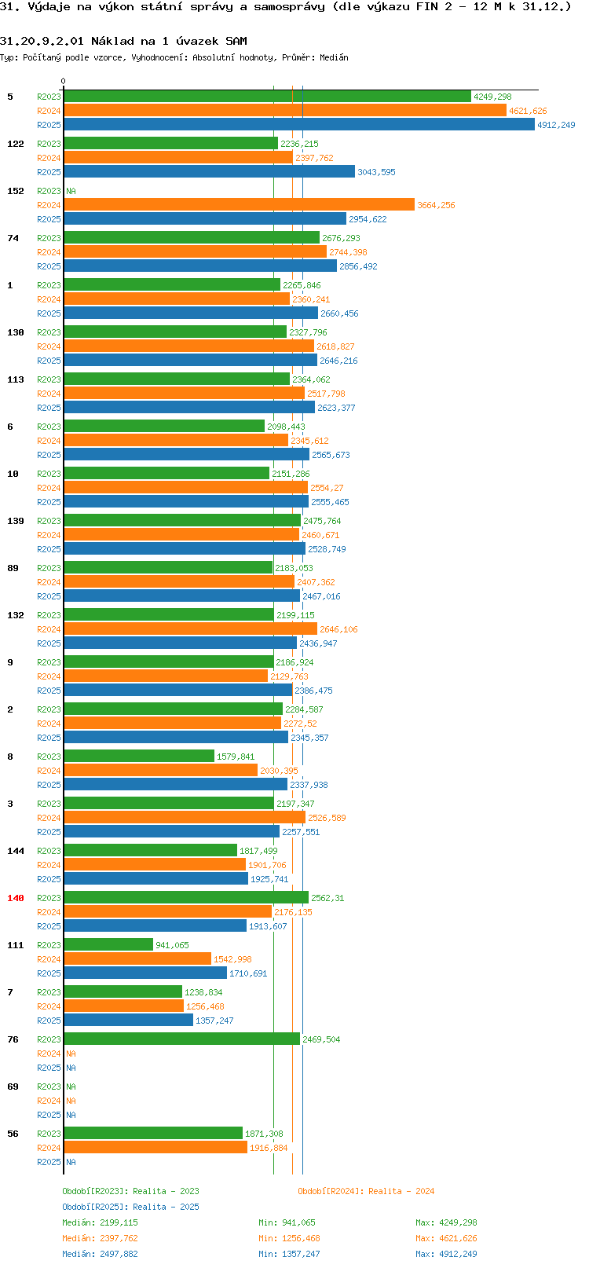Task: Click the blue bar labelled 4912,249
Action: [x=298, y=125]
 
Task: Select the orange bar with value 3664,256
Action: [x=239, y=205]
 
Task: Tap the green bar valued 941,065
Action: [x=108, y=945]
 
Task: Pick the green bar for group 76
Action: [x=181, y=1039]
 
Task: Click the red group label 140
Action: [x=16, y=898]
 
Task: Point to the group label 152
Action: [x=16, y=191]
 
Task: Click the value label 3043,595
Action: [x=376, y=172]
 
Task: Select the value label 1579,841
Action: [x=236, y=757]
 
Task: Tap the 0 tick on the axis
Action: [x=64, y=81]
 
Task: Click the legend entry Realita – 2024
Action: [x=366, y=1191]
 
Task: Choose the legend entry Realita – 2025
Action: [x=130, y=1207]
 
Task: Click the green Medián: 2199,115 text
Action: [x=100, y=1222]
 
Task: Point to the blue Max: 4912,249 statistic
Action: [x=446, y=1254]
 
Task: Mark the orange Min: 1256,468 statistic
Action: [x=289, y=1238]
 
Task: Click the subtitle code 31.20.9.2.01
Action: [x=42, y=41]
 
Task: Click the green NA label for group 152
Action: [x=71, y=191]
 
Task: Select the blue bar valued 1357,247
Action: [x=128, y=1021]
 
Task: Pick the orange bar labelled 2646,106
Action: [x=190, y=629]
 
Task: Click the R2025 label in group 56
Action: [x=49, y=1162]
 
